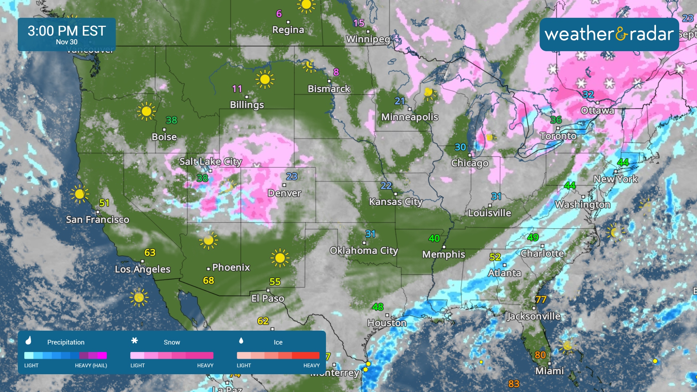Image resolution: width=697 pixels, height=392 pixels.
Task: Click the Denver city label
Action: tap(284, 193)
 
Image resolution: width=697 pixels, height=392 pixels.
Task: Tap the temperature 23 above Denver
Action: tap(292, 176)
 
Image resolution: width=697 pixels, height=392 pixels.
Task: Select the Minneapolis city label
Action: tap(409, 117)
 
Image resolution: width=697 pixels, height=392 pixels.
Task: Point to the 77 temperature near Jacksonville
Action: tap(541, 299)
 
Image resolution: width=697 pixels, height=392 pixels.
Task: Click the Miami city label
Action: tap(549, 371)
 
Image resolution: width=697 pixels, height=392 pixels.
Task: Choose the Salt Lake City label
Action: tap(211, 162)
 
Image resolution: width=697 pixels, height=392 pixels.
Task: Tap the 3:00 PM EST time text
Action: tap(67, 31)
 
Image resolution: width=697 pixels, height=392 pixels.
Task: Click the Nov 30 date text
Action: tap(67, 42)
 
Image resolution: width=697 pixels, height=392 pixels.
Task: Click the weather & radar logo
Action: tap(609, 34)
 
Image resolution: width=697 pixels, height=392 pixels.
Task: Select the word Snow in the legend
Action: tap(172, 342)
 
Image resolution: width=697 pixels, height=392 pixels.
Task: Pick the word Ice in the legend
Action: tap(278, 342)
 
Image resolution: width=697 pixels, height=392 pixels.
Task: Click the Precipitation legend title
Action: tap(66, 342)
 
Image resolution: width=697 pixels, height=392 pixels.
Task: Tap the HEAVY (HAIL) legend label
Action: tap(91, 366)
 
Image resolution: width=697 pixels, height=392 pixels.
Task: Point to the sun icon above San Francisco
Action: tap(80, 194)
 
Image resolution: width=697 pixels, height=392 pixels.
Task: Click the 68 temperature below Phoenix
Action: tap(208, 280)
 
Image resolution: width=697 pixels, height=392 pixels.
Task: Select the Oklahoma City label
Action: tap(364, 250)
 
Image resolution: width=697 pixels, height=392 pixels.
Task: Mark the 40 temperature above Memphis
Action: tap(434, 238)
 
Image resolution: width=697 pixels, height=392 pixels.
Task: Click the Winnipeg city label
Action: tap(368, 39)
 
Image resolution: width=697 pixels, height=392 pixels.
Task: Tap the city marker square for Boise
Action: tap(164, 129)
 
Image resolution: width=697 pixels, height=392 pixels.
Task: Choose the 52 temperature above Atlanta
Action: tap(495, 257)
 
